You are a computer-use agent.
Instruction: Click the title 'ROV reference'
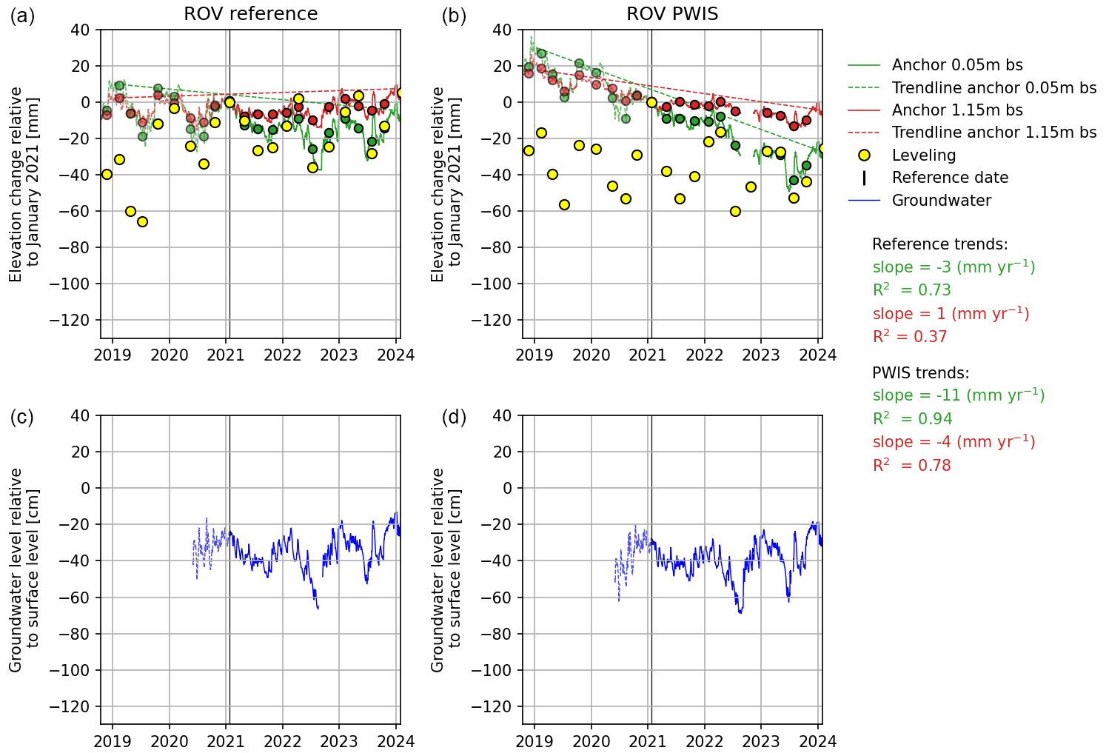click(x=251, y=14)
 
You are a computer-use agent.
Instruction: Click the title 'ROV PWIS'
click(x=672, y=14)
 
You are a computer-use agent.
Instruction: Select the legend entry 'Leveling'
click(x=924, y=155)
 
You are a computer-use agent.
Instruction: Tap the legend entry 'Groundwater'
click(x=941, y=201)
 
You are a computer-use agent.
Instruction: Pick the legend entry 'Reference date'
click(x=950, y=178)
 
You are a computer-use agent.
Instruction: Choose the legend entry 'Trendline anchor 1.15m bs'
click(x=994, y=133)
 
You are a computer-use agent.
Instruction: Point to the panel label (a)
click(x=22, y=16)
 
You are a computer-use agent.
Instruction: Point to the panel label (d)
click(x=454, y=418)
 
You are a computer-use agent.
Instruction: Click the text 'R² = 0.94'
click(x=912, y=419)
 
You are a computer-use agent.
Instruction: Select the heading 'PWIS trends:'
click(x=920, y=373)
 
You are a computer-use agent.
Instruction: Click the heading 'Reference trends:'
click(x=939, y=244)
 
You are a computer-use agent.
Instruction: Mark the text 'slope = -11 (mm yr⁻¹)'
click(x=959, y=395)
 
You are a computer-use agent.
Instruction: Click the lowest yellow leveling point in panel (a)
click(x=142, y=221)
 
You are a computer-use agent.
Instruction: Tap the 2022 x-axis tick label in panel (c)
click(x=282, y=741)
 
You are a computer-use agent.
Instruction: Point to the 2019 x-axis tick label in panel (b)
click(x=534, y=355)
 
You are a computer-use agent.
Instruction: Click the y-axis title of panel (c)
click(x=24, y=569)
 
